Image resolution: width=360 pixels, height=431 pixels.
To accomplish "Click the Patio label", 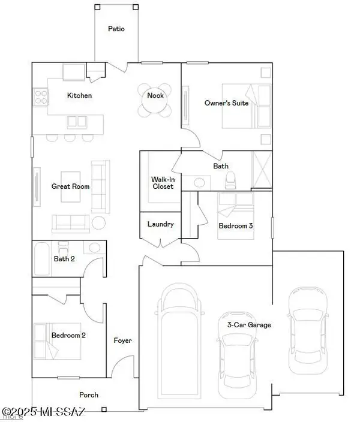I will coord(116,28).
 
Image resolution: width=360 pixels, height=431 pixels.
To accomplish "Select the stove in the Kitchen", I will coord(41,97).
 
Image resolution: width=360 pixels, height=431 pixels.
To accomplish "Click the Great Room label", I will coord(70,186).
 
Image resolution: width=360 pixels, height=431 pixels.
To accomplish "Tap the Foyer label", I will coord(123,340).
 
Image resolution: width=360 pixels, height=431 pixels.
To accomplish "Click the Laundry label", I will coord(161,224).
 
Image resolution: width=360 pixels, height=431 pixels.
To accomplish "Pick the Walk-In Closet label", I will coord(162,183).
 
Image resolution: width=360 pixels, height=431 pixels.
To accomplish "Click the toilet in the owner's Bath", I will coord(229,180).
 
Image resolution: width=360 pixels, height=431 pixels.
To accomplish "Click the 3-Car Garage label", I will coord(249,325).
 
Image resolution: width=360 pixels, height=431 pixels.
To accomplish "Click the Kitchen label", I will coord(79,95).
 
